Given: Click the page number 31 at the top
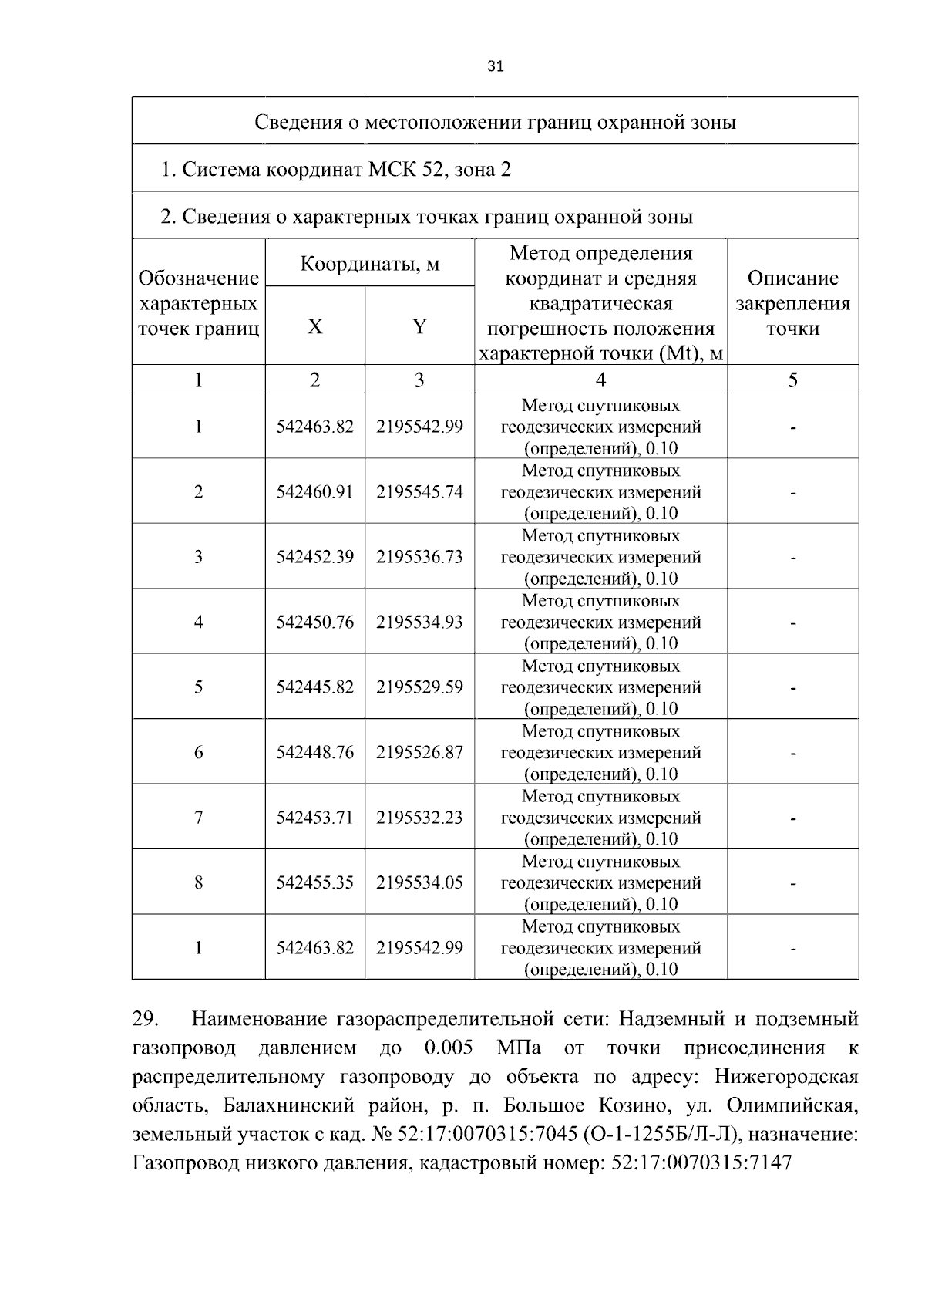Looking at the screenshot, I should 496,66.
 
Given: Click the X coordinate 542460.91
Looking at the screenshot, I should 314,491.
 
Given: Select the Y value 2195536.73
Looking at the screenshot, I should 419,557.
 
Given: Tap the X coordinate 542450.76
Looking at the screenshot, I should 314,622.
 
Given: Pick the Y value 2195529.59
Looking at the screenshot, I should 419,687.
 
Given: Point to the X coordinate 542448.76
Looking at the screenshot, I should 314,752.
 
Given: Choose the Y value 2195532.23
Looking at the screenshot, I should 419,817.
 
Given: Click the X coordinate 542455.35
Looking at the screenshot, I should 314,882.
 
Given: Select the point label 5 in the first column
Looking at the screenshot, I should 198,687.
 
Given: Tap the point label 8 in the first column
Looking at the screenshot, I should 198,882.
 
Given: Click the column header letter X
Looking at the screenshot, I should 314,327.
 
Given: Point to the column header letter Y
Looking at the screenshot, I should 419,327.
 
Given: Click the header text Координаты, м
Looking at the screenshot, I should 369,264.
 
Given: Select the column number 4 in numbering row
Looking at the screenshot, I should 600,380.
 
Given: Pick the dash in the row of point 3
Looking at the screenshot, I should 792,557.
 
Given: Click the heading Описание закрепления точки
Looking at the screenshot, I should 792,303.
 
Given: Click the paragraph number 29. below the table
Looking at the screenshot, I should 146,1019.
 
